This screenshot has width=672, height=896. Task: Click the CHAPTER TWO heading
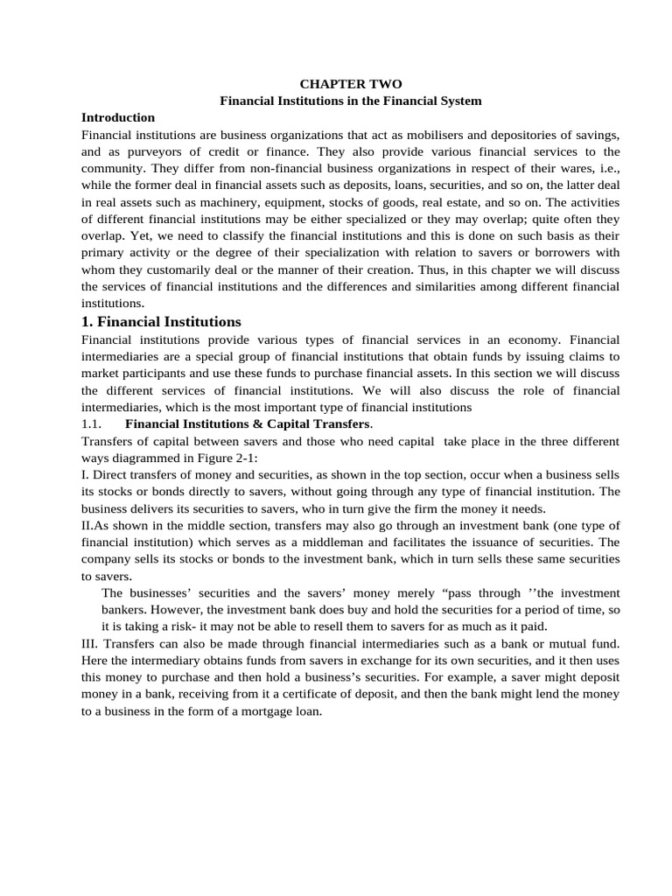351,84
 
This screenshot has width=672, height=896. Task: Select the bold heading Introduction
118,117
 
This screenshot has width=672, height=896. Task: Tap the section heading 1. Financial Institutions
161,321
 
